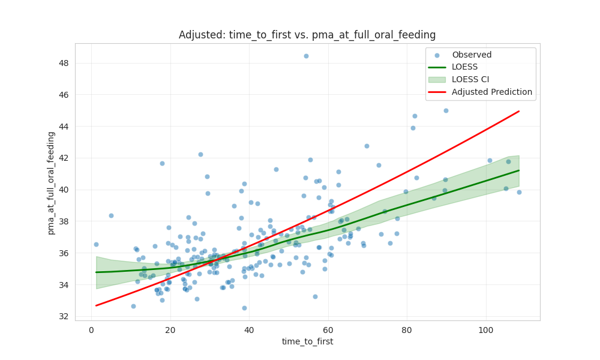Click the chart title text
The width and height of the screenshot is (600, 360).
coord(307,35)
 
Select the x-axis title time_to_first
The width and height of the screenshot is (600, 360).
coord(307,341)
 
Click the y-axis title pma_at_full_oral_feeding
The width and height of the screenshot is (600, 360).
coord(52,182)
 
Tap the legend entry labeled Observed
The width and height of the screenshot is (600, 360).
coord(472,55)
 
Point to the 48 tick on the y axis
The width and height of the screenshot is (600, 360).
coord(64,63)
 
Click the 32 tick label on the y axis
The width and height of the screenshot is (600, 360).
coord(64,316)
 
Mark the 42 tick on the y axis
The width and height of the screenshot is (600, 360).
coord(64,158)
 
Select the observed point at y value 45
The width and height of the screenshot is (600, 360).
coord(446,110)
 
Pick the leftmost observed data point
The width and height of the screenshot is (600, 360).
coord(96,244)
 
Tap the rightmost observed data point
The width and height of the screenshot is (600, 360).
coord(519,192)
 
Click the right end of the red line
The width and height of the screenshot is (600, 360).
coord(518,111)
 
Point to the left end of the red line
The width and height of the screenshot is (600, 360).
coord(96,305)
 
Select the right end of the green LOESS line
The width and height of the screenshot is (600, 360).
coord(518,170)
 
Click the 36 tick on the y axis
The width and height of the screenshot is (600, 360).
coord(64,253)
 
